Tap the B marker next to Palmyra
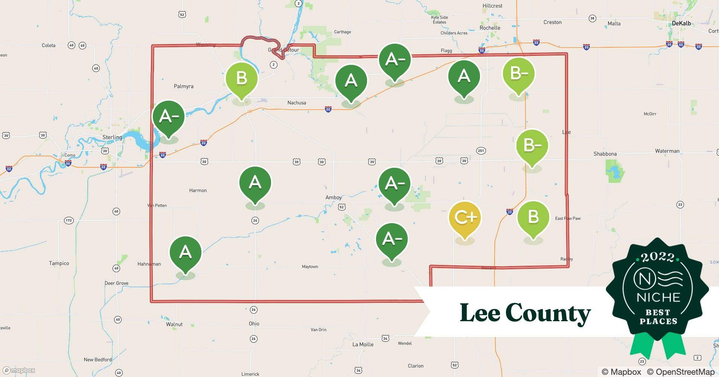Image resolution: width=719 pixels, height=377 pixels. pyautogui.click(x=241, y=79)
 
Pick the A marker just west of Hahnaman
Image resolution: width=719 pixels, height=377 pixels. pyautogui.click(x=185, y=252)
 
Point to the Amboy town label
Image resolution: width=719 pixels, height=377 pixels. pyautogui.click(x=334, y=198)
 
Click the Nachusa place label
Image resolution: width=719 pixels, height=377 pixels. pyautogui.click(x=297, y=103)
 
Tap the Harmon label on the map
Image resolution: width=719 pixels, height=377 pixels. pyautogui.click(x=198, y=190)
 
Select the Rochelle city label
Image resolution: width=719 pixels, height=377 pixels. pyautogui.click(x=490, y=28)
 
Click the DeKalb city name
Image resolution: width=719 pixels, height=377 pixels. pyautogui.click(x=681, y=23)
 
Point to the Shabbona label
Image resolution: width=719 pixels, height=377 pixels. pyautogui.click(x=605, y=154)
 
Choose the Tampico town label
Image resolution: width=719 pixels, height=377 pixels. pyautogui.click(x=59, y=263)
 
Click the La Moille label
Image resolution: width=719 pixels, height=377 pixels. pyautogui.click(x=363, y=344)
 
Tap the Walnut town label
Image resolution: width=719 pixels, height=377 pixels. pyautogui.click(x=174, y=324)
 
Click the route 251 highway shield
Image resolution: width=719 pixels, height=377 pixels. pyautogui.click(x=481, y=151)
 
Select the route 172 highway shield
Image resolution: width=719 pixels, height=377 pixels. pyautogui.click(x=69, y=221)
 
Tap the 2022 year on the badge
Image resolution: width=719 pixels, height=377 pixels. pyautogui.click(x=658, y=257)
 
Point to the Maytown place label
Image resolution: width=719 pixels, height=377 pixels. pyautogui.click(x=310, y=267)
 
